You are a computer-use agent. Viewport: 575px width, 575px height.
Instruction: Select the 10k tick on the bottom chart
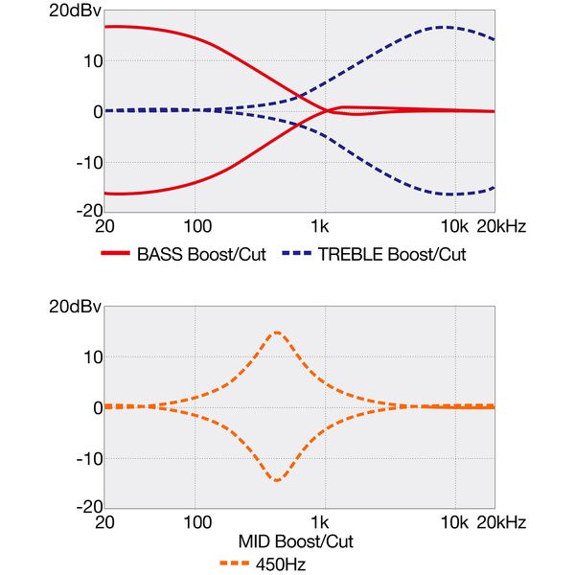pos(452,523)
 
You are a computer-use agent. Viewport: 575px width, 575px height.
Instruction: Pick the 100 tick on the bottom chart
pos(196,523)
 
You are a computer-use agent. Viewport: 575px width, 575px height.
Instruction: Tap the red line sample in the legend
pos(115,255)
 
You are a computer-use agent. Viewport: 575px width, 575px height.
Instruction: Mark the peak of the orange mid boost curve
pos(277,333)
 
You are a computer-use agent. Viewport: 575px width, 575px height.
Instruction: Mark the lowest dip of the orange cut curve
pos(277,480)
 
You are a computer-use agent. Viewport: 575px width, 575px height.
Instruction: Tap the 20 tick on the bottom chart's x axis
pos(105,523)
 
